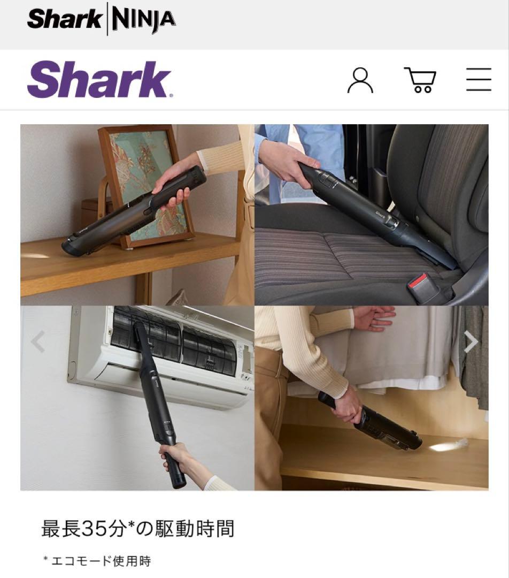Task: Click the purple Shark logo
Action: tap(99, 80)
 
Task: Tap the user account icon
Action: tap(360, 80)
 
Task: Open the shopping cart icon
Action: tap(420, 80)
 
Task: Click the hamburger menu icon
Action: tap(478, 80)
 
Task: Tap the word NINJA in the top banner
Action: tap(143, 19)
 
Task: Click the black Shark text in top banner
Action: tap(64, 19)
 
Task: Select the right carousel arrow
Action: tap(471, 341)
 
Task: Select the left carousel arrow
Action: tap(38, 341)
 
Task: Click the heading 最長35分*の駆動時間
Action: tap(138, 529)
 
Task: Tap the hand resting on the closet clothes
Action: tap(374, 318)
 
